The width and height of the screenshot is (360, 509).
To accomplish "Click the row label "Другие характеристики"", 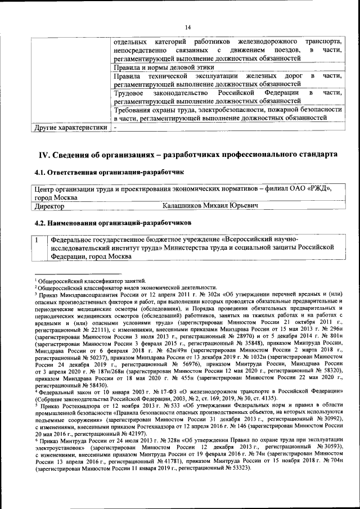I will tap(70, 128).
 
